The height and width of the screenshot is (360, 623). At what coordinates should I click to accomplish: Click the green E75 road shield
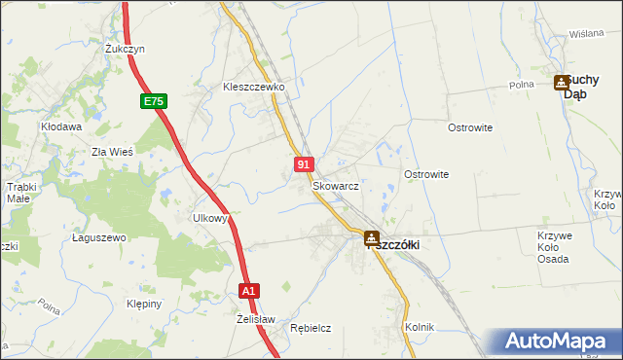pyautogui.click(x=154, y=100)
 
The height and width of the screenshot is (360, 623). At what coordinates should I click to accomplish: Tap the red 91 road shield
pyautogui.click(x=305, y=166)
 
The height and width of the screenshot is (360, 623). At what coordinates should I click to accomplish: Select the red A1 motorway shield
pyautogui.click(x=249, y=290)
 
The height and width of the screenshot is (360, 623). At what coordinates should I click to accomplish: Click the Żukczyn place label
pyautogui.click(x=125, y=48)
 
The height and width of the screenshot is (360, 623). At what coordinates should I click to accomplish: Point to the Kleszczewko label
pyautogui.click(x=252, y=87)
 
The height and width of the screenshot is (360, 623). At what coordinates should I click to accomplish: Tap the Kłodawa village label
pyautogui.click(x=60, y=126)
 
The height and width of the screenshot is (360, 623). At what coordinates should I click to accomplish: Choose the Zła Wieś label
pyautogui.click(x=111, y=152)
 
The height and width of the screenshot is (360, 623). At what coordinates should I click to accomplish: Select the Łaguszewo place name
pyautogui.click(x=100, y=237)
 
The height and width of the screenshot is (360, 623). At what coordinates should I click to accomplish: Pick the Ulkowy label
pyautogui.click(x=210, y=219)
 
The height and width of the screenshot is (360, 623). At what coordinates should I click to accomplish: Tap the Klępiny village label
pyautogui.click(x=143, y=304)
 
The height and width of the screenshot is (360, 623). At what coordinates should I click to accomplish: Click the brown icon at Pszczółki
pyautogui.click(x=372, y=237)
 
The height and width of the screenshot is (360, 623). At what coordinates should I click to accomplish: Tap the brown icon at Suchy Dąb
pyautogui.click(x=562, y=84)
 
